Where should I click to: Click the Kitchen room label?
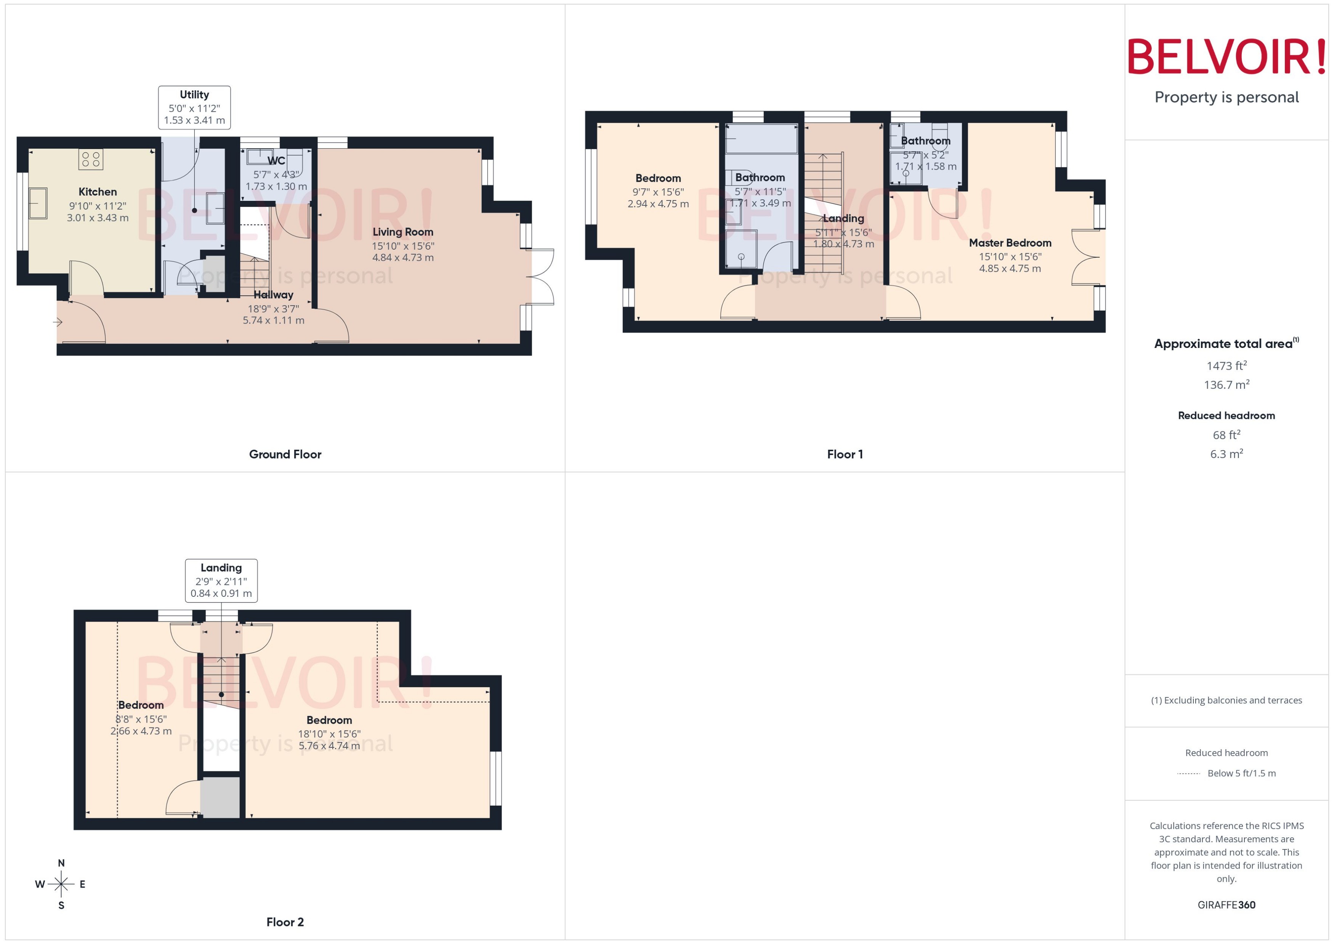(98, 192)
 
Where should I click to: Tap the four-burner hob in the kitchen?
(91, 159)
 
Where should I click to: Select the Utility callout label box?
(194, 107)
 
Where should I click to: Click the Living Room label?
(403, 232)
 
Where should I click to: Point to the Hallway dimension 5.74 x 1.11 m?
(273, 320)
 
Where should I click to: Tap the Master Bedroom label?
(1010, 243)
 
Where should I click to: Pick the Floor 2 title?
(285, 922)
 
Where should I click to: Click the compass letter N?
(61, 863)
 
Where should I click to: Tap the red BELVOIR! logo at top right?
(1227, 57)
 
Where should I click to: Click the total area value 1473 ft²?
(1227, 365)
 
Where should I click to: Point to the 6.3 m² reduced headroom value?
(1227, 454)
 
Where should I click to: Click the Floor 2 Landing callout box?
(221, 580)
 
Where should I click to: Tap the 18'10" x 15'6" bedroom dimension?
(329, 734)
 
